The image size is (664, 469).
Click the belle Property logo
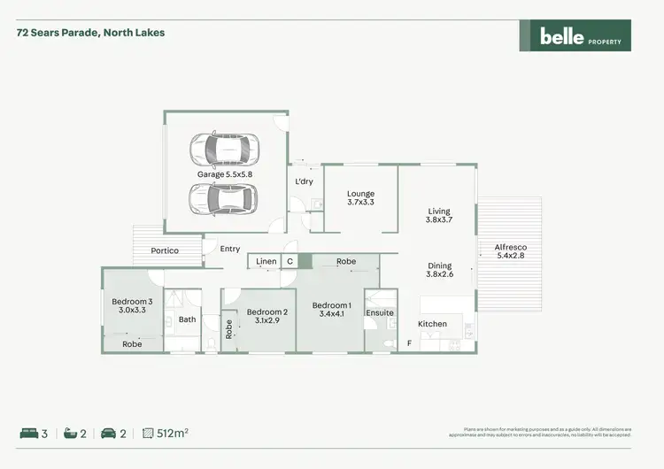(574, 35)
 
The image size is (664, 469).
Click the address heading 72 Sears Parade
(90, 33)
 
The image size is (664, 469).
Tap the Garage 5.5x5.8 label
(225, 174)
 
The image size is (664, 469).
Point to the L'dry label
(304, 181)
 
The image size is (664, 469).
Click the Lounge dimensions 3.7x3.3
(360, 203)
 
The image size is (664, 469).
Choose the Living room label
(439, 211)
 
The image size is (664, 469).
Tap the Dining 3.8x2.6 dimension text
(439, 274)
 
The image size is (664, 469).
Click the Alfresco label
(510, 249)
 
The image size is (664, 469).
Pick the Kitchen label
(433, 324)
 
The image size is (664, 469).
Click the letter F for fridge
(408, 342)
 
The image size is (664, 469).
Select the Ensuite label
(380, 312)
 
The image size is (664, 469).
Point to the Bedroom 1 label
(332, 306)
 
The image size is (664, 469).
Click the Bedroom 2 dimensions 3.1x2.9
(266, 320)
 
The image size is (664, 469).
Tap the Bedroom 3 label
(132, 302)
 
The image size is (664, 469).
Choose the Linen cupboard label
(266, 262)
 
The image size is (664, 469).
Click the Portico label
(165, 250)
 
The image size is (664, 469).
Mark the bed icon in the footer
(28, 434)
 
